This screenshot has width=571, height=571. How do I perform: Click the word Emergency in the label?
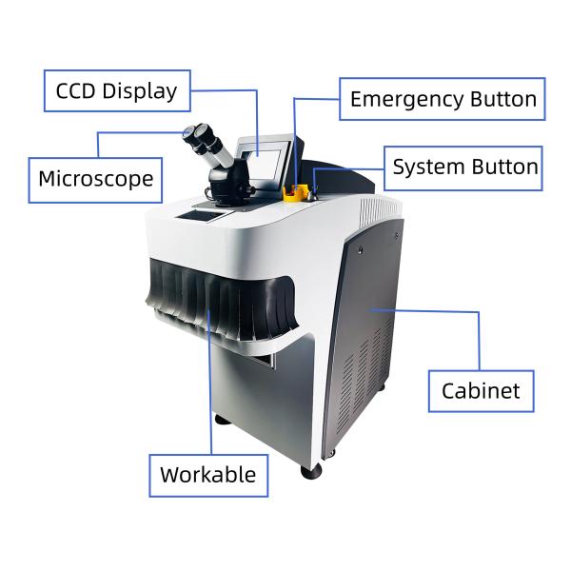click(406, 99)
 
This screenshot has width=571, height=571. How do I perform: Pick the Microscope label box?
click(95, 179)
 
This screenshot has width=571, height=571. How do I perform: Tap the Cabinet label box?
click(481, 390)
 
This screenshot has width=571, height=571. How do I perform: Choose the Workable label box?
click(207, 474)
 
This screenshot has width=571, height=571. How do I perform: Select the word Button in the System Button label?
click(502, 167)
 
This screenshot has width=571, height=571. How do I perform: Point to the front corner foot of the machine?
click(311, 470)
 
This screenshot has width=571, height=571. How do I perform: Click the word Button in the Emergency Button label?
click(502, 99)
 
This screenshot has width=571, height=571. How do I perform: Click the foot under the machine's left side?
click(221, 419)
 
